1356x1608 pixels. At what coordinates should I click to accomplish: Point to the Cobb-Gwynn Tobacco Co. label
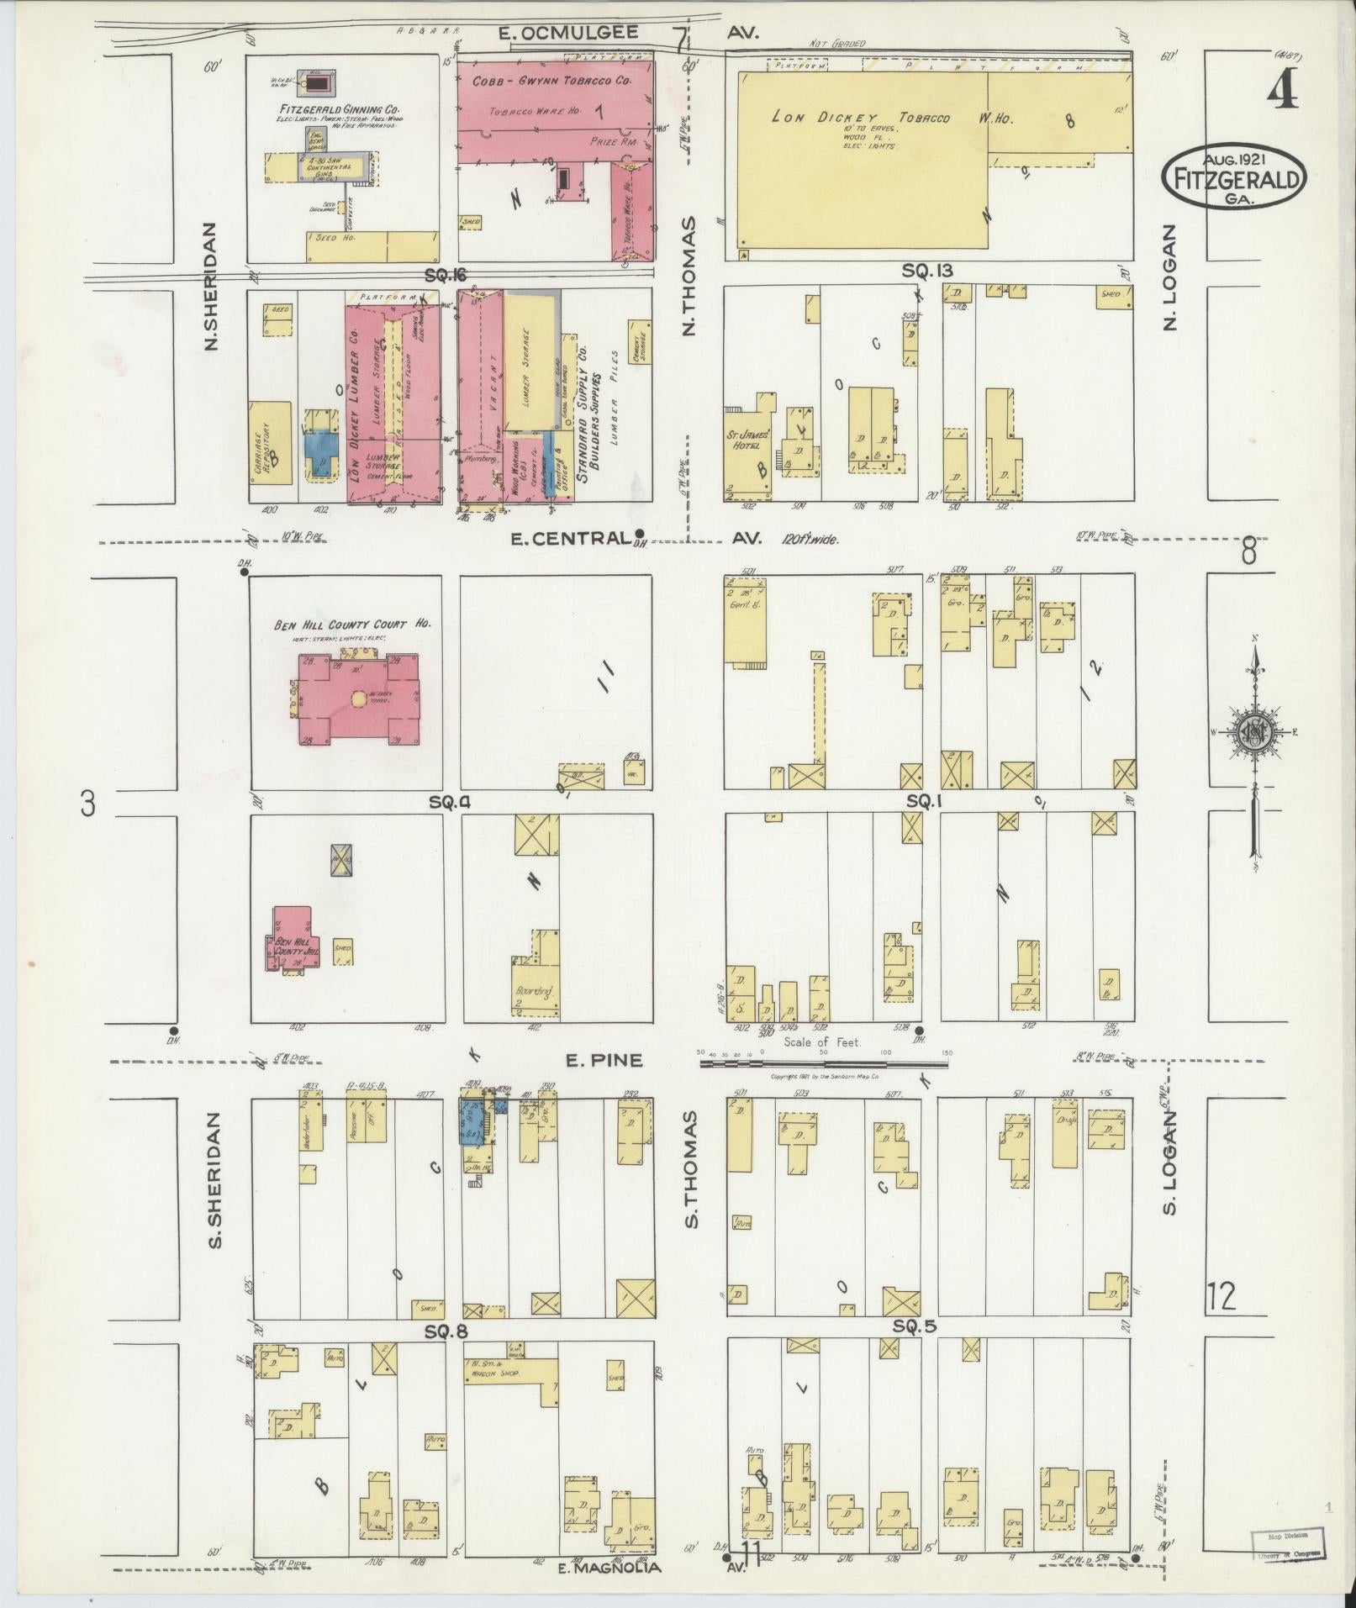pos(551,82)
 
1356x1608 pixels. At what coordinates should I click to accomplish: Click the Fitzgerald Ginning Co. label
pos(340,110)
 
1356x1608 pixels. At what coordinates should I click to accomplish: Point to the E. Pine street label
pos(604,1061)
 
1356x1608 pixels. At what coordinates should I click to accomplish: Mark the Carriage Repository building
pos(271,443)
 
